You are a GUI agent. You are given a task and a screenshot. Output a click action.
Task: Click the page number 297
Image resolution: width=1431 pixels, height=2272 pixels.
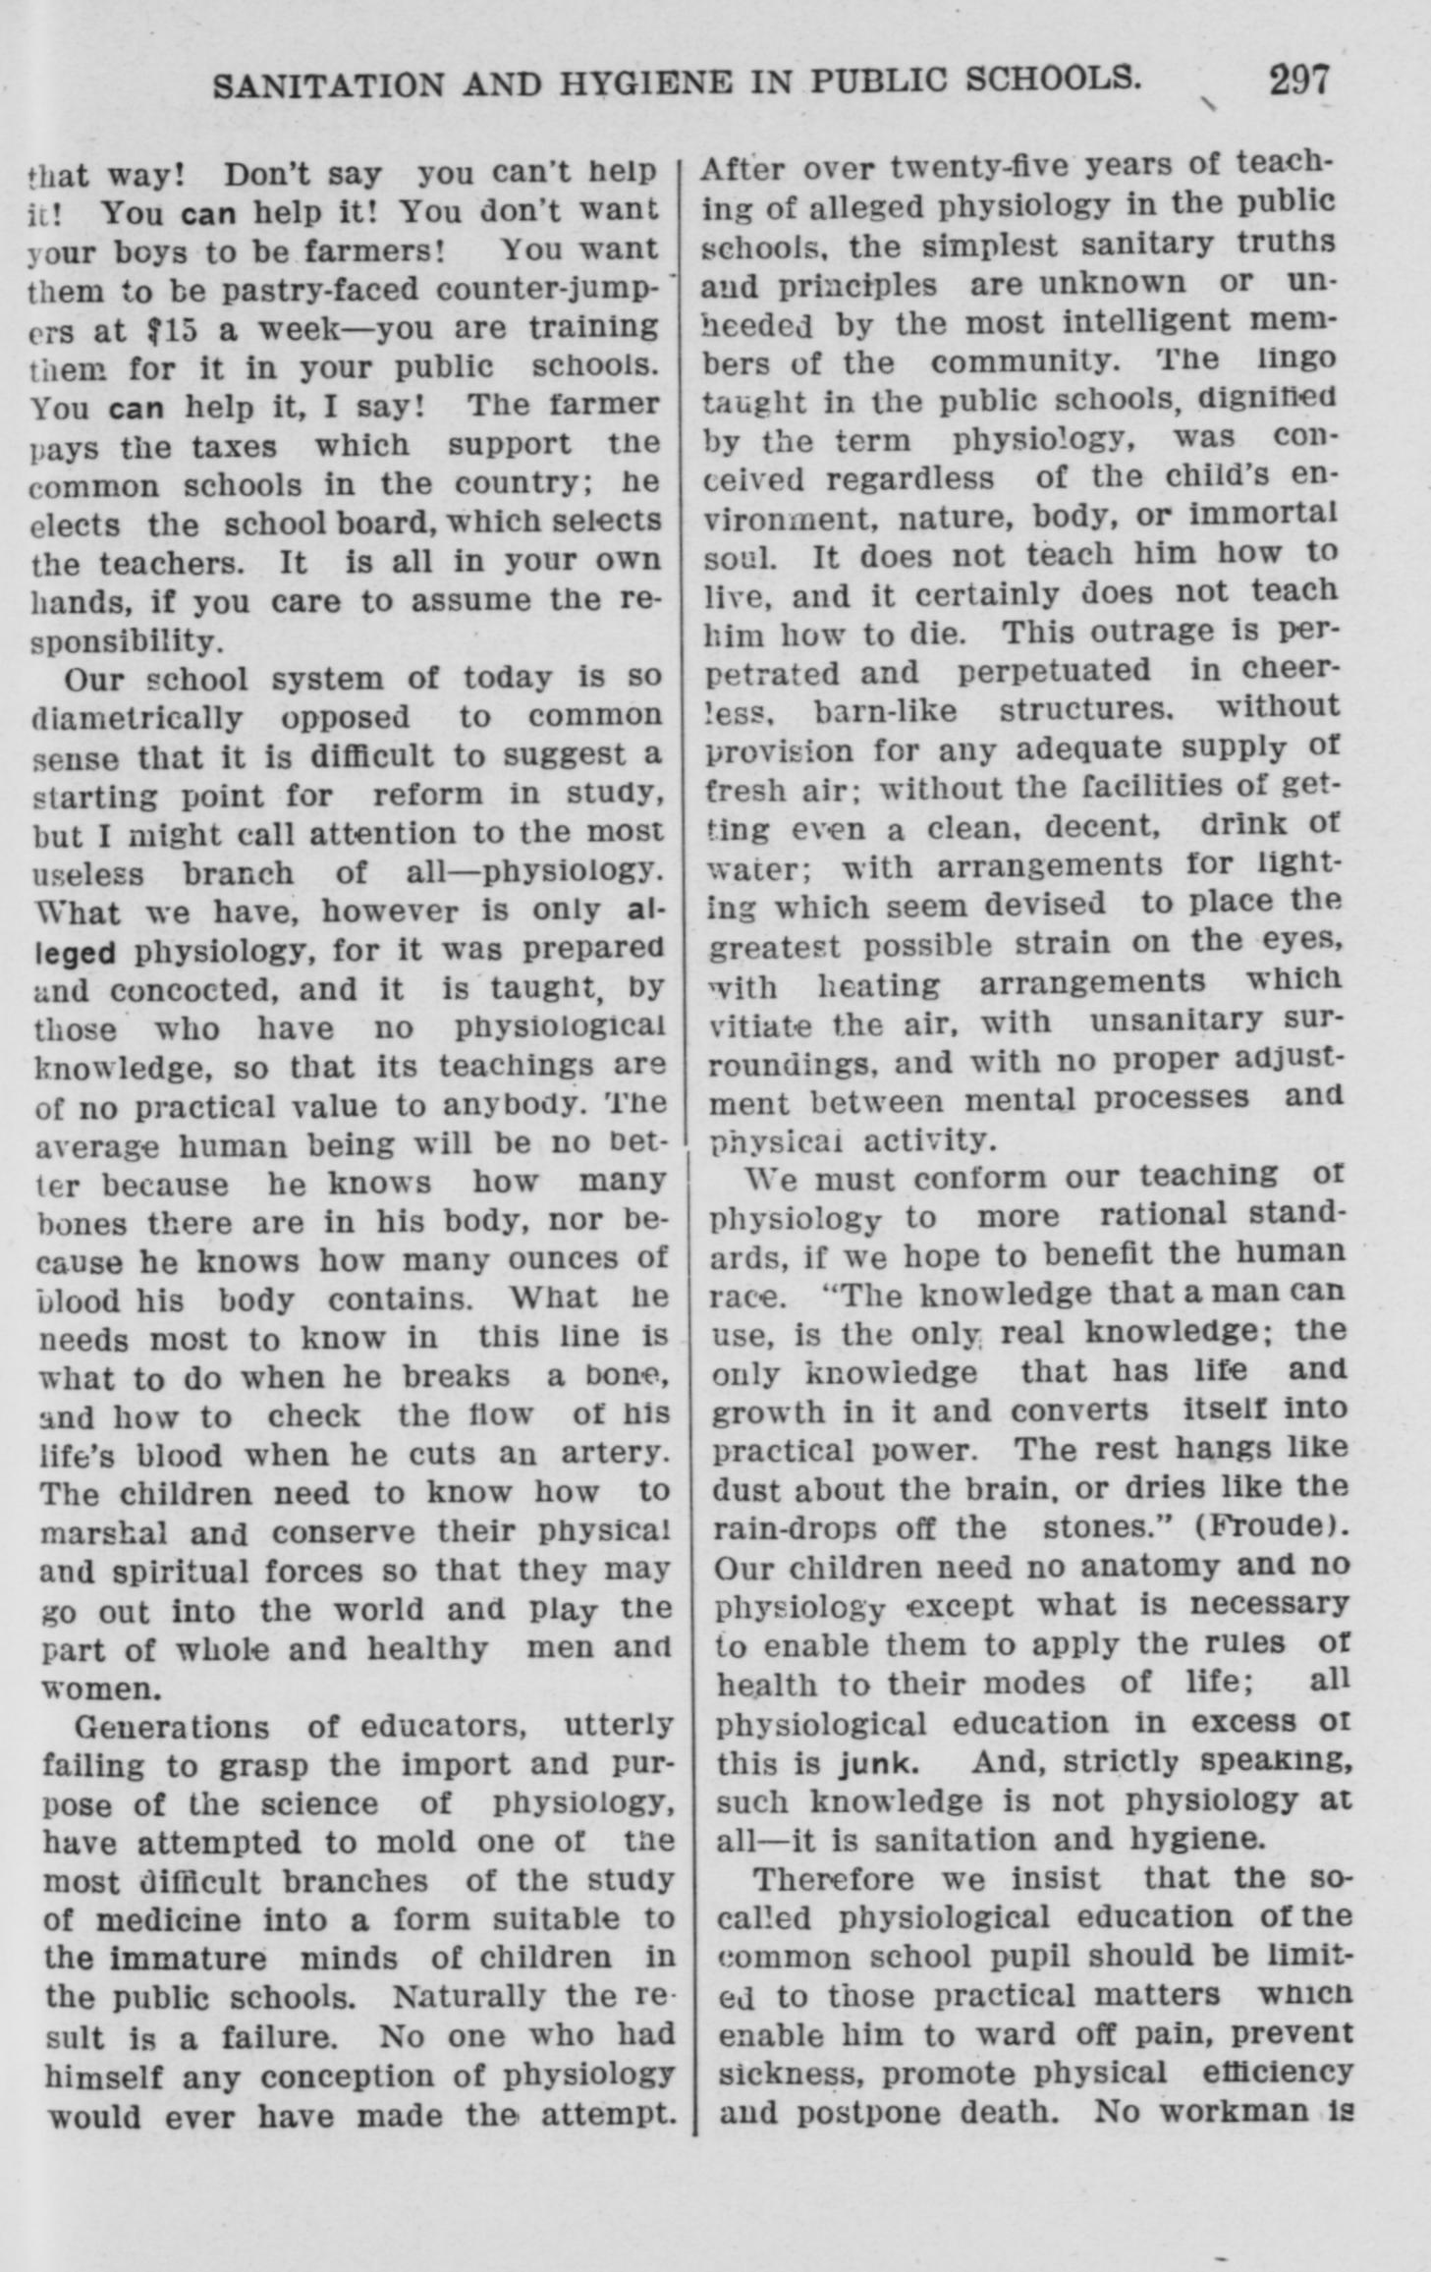click(x=1298, y=80)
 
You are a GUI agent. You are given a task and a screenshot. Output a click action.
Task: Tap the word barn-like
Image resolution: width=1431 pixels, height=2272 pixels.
click(x=886, y=709)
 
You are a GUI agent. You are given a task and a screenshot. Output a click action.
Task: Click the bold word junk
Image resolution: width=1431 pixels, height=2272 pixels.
click(x=879, y=1761)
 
